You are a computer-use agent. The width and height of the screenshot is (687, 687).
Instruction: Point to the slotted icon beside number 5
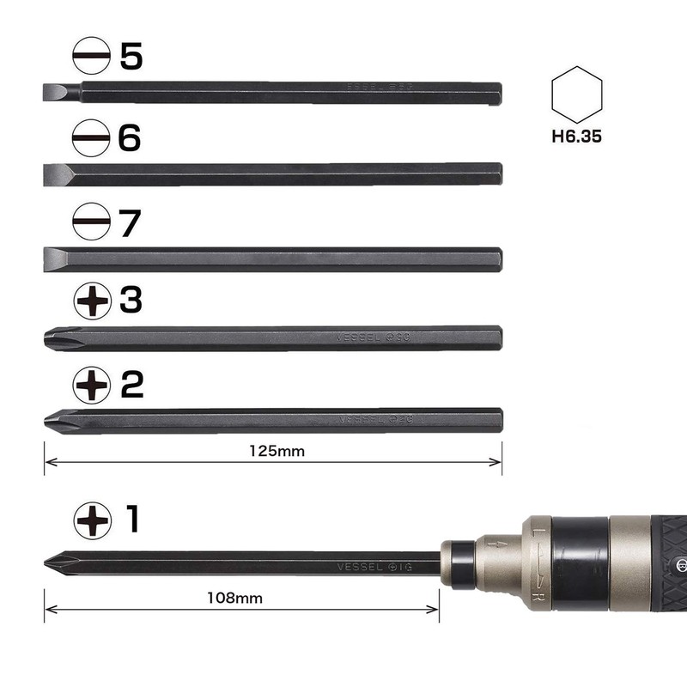(90, 58)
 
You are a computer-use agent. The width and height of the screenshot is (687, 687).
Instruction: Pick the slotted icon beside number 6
(90, 137)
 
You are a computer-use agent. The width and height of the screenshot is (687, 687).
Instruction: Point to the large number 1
(132, 520)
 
